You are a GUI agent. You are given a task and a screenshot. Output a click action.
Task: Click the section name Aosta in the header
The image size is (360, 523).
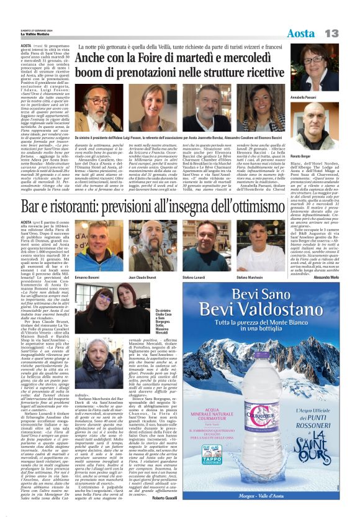click(302, 32)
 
